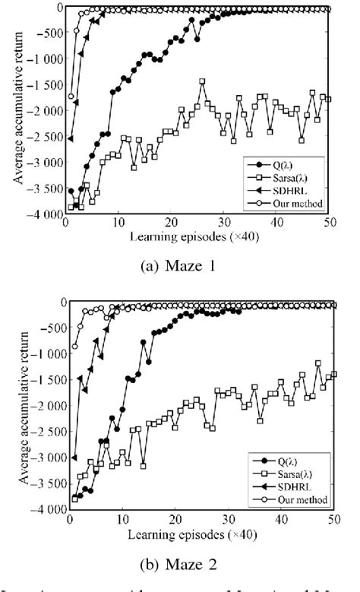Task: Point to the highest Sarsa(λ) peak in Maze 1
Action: pos(202,81)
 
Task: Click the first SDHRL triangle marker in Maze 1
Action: pos(71,138)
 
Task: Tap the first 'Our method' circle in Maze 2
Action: pos(74,346)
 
